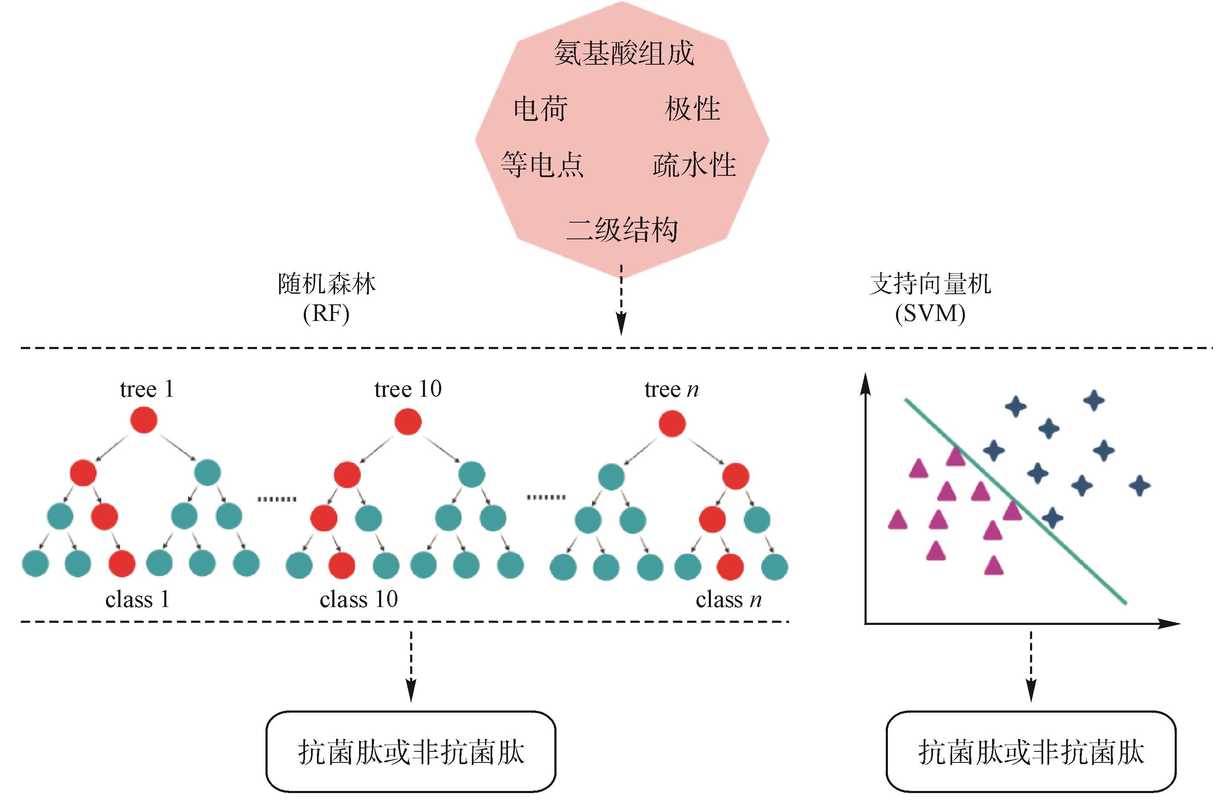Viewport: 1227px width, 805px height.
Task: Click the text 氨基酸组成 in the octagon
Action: [624, 54]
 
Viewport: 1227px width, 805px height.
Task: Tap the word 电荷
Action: [540, 109]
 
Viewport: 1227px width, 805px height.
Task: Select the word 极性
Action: [692, 109]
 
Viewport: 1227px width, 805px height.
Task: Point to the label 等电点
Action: [542, 165]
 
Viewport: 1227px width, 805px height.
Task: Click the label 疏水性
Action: [694, 165]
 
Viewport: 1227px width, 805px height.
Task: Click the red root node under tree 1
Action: [143, 420]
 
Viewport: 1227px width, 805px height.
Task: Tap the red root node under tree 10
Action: [408, 422]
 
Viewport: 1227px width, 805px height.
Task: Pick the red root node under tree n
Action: [672, 424]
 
